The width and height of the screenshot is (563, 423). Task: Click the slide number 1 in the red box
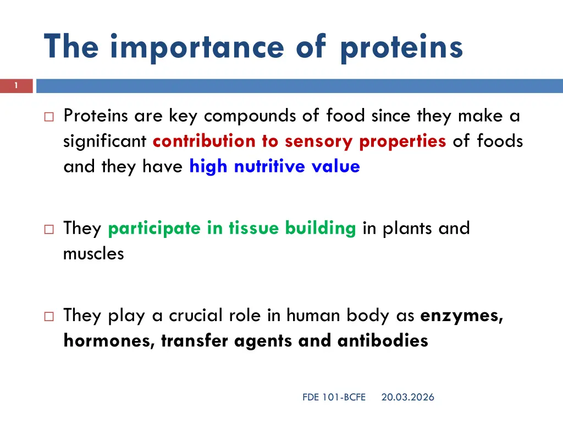(x=16, y=85)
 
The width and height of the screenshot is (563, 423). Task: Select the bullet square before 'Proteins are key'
(x=49, y=117)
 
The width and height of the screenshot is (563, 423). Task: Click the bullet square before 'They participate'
(x=49, y=229)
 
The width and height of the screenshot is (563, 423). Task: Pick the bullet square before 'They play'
(x=49, y=316)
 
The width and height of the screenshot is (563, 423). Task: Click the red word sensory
(x=318, y=142)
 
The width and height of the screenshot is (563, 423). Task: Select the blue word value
(x=336, y=166)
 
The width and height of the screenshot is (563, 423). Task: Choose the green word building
(x=321, y=229)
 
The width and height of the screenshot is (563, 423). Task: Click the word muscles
(x=93, y=253)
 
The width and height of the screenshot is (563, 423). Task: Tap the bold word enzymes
(x=462, y=316)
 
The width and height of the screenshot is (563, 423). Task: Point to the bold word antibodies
(x=383, y=340)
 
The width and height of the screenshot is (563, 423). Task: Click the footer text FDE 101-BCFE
(x=334, y=397)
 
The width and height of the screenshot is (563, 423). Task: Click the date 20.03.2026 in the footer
(x=407, y=397)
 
